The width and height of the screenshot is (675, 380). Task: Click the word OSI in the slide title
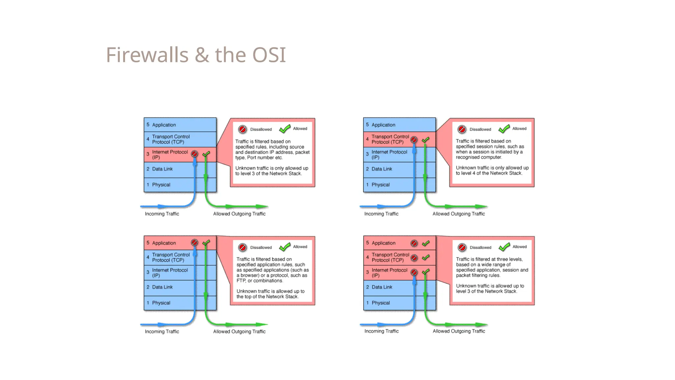[x=269, y=55]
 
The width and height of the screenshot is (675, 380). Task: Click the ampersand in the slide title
[x=202, y=55]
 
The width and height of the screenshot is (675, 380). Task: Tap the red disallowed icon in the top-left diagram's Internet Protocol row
[x=194, y=154]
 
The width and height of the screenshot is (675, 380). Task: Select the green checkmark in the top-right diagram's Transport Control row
[x=426, y=140]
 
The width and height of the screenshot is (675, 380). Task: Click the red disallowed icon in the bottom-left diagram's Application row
[x=194, y=243]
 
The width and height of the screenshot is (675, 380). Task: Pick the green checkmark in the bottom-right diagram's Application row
[x=426, y=243]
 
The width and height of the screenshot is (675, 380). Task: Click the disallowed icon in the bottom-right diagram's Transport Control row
[x=414, y=258]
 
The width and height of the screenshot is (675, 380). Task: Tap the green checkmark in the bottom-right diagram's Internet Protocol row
[x=426, y=272]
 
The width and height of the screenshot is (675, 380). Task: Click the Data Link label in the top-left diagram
[x=162, y=169]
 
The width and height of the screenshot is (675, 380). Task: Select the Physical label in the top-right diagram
[x=380, y=185]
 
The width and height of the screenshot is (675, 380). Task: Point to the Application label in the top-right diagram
[x=383, y=125]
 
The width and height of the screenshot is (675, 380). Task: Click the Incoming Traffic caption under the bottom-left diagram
[x=162, y=332]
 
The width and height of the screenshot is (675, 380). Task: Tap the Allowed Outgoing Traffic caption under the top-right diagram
[x=458, y=214]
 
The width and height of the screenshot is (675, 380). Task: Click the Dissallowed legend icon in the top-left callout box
[x=243, y=129]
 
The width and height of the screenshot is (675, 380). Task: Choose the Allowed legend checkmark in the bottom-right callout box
[x=504, y=247]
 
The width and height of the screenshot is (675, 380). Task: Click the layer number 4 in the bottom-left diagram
[x=148, y=257]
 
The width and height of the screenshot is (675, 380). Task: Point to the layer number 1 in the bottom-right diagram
[x=367, y=303]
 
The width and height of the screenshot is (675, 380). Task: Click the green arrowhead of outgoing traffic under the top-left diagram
[x=262, y=206]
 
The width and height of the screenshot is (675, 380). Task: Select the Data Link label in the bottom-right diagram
[x=382, y=287]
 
